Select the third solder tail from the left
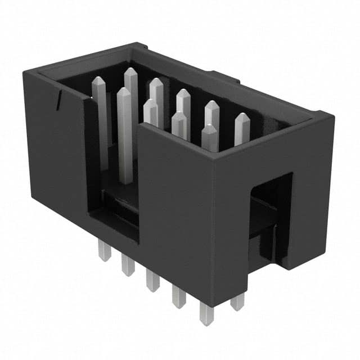pyautogui.click(x=152, y=280)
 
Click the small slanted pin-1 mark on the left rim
pyautogui.click(x=58, y=101)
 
